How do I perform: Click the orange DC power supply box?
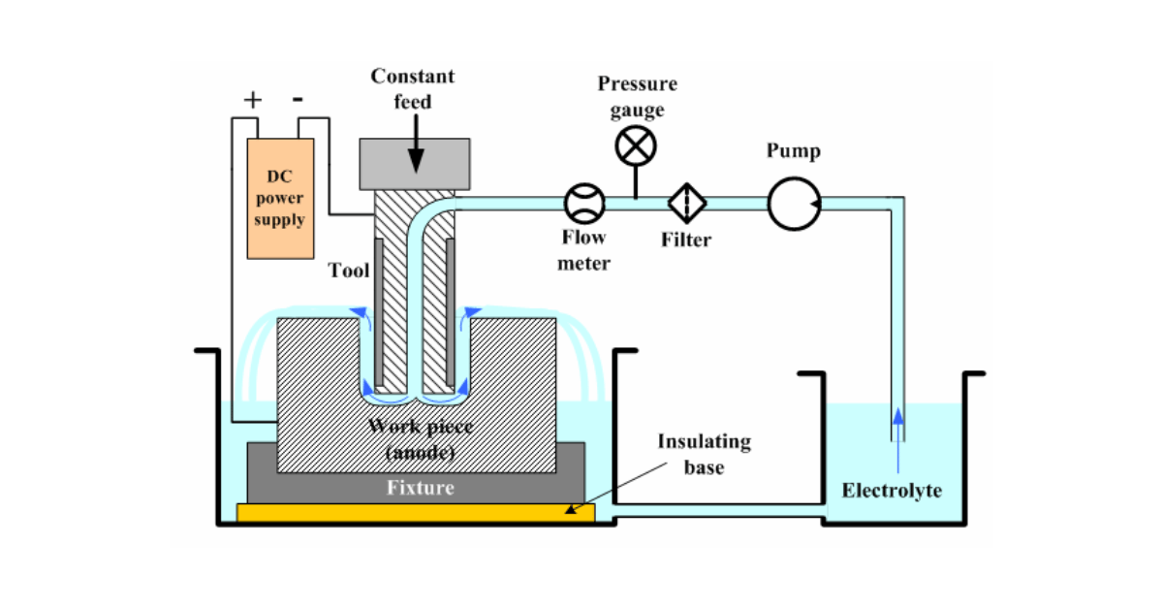[x=280, y=199]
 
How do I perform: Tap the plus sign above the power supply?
[x=252, y=99]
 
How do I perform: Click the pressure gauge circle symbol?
[x=636, y=146]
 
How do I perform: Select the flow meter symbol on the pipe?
[x=584, y=202]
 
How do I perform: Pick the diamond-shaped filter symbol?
[x=687, y=202]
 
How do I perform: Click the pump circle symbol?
[x=794, y=204]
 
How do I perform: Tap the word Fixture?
[x=420, y=487]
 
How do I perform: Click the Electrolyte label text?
[x=891, y=490]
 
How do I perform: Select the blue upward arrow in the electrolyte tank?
[x=897, y=427]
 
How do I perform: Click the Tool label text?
[x=349, y=271]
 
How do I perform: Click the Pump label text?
[x=793, y=151]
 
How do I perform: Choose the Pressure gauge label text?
[x=637, y=96]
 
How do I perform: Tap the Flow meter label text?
[x=583, y=250]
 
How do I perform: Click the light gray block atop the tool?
[x=415, y=163]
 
